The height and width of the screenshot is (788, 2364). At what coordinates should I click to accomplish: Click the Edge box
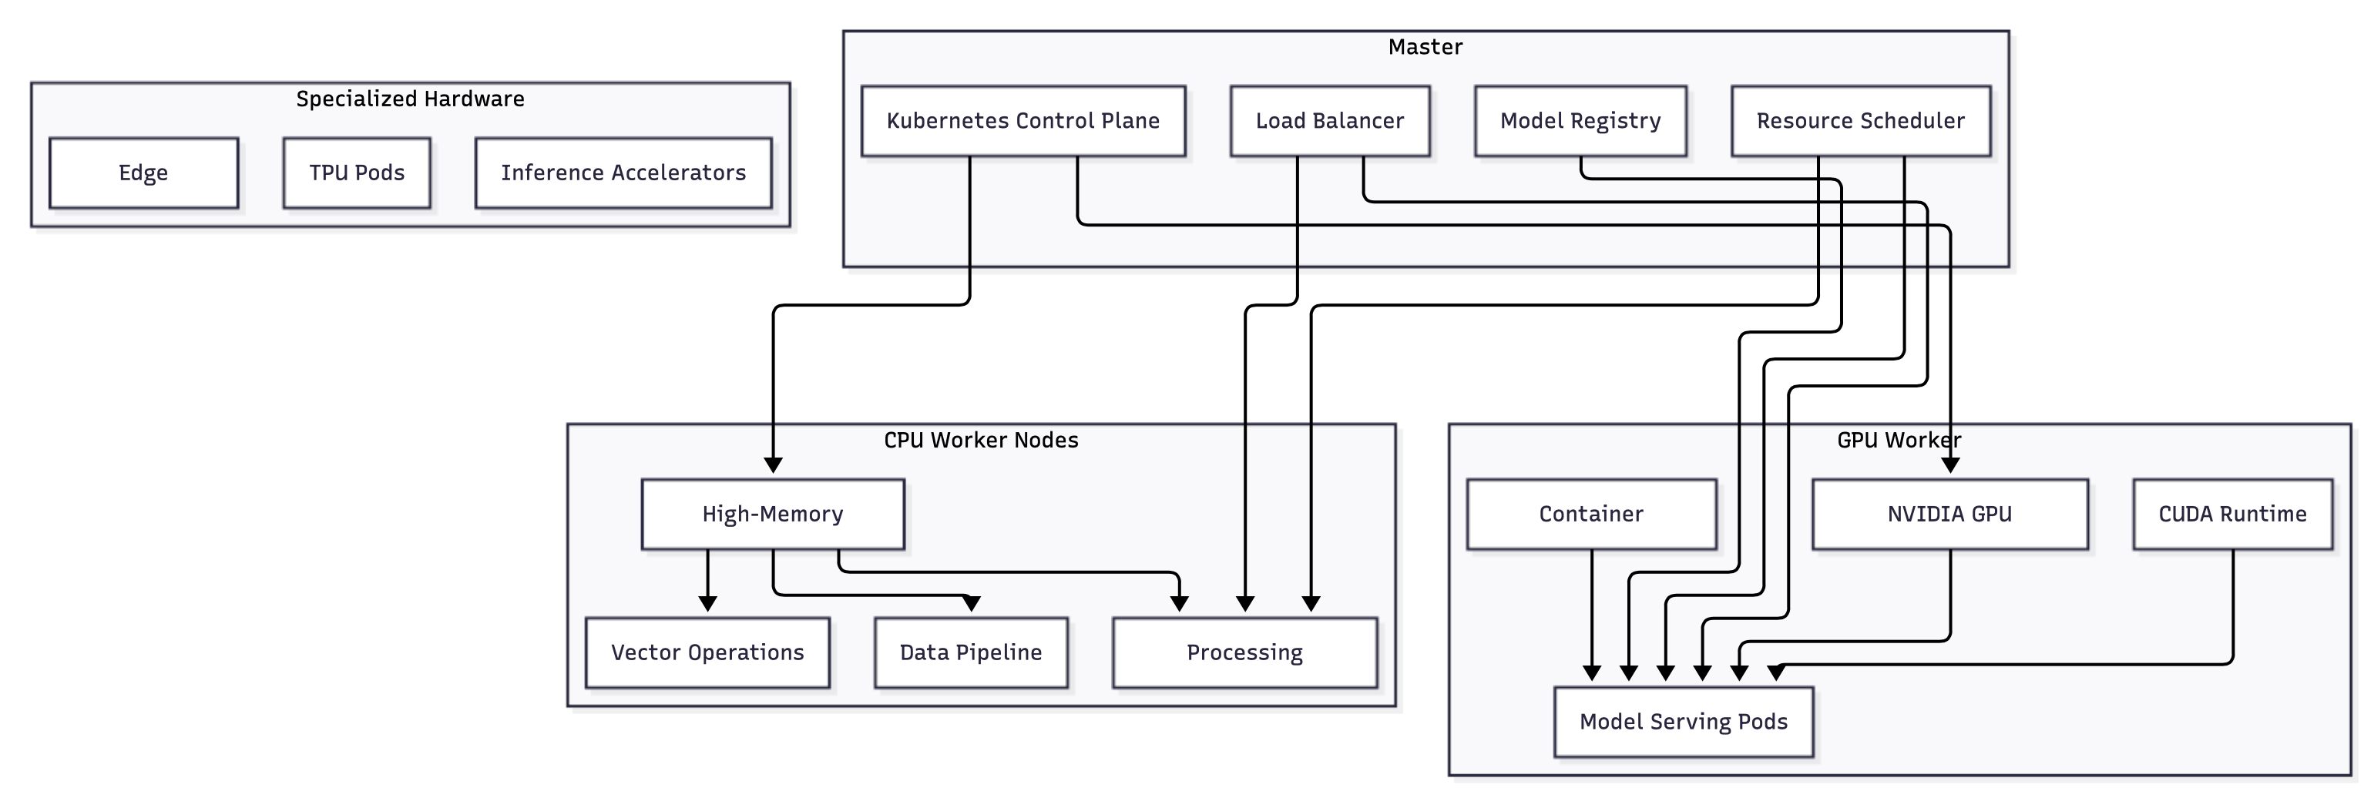pos(143,173)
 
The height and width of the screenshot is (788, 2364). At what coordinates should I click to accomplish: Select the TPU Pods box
pos(356,173)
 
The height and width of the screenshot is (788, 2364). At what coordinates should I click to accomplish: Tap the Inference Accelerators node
pos(623,173)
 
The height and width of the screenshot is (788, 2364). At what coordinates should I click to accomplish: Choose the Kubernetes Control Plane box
pos(1022,121)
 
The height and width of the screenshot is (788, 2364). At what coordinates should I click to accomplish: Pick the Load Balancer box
pos(1329,121)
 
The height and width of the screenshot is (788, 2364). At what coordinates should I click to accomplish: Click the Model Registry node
pos(1580,121)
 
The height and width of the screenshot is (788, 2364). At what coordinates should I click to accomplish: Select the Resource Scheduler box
pos(1860,121)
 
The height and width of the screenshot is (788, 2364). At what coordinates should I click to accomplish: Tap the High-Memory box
pos(772,514)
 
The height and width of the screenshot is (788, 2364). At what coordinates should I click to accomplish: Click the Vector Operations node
pos(707,652)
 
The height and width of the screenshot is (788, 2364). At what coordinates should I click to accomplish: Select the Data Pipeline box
pos(970,652)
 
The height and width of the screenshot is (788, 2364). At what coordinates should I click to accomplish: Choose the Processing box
pos(1244,652)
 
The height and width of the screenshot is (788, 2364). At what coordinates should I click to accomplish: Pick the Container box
pos(1590,514)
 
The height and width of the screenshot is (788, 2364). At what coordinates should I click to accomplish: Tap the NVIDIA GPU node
pos(1949,514)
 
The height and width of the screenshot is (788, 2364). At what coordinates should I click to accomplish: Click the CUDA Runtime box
pos(2231,514)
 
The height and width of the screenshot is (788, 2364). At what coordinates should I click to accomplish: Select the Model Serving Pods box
pos(1683,722)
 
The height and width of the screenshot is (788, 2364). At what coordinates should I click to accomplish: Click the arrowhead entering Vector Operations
pos(707,604)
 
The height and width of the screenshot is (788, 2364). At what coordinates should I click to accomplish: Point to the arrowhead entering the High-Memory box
pos(773,465)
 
